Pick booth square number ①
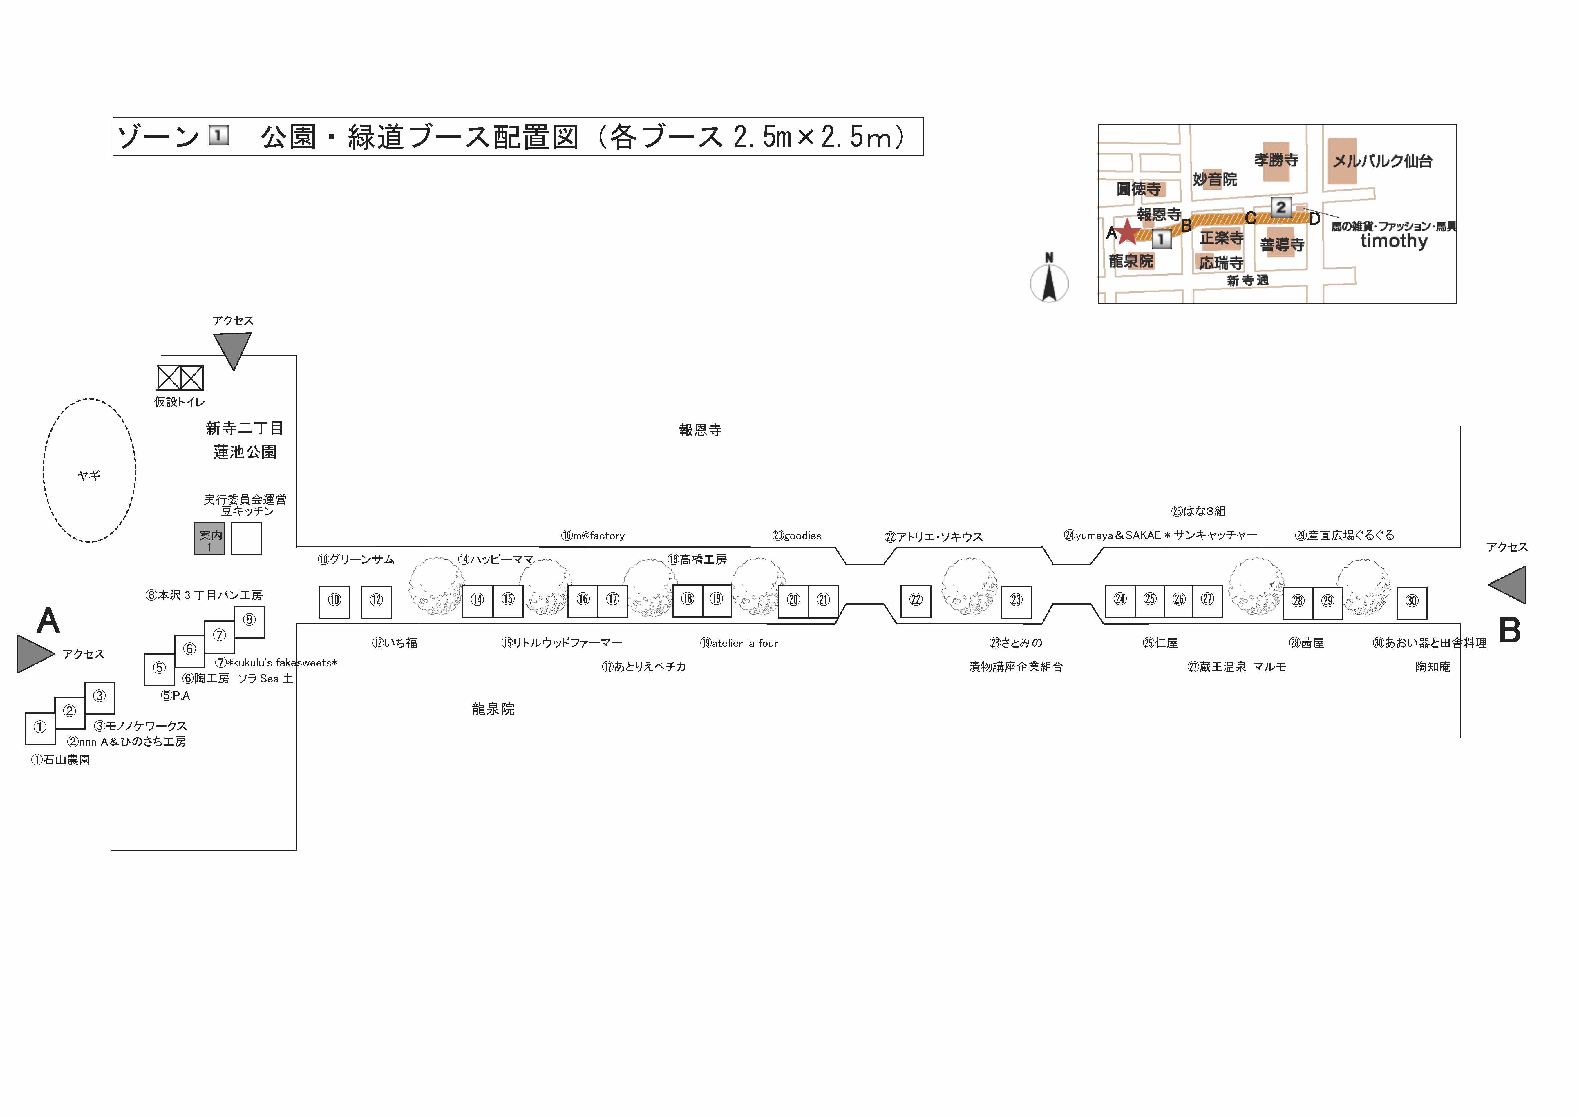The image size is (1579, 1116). coord(40,729)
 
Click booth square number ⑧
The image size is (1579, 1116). coord(250,622)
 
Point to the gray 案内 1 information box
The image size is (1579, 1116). coord(209,539)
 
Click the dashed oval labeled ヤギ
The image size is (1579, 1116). coord(89,470)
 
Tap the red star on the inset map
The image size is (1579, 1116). coord(1127,232)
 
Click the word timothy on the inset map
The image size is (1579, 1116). coord(1394,241)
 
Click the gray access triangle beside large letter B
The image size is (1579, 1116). coord(1507,585)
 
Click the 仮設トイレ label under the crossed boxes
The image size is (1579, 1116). coord(180,402)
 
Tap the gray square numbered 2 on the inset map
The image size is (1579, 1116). coord(1280,207)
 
